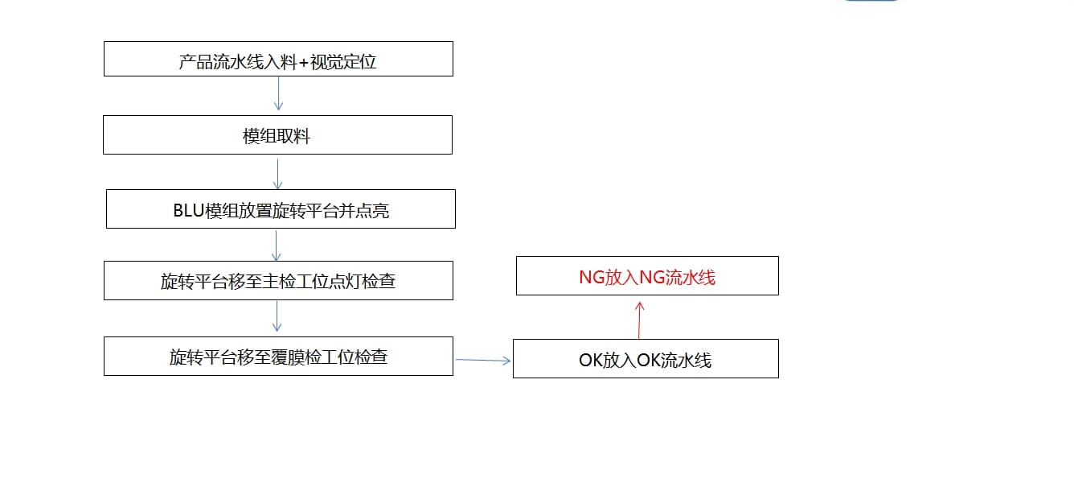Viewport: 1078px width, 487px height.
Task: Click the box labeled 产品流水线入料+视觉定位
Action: (x=278, y=59)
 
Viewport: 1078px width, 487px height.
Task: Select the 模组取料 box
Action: (x=277, y=135)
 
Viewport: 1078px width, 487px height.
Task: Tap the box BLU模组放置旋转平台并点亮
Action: (x=281, y=209)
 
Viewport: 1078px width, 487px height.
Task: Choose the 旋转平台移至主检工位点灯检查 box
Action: (x=278, y=281)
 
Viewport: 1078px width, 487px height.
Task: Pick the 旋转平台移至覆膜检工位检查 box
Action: (x=278, y=357)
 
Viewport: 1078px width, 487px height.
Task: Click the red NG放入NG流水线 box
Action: (x=647, y=276)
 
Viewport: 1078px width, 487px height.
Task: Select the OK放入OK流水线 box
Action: (x=646, y=359)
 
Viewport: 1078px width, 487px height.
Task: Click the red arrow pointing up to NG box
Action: (x=639, y=320)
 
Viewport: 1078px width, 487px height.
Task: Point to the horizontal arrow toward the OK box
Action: (x=483, y=360)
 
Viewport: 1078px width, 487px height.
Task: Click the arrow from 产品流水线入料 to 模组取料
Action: (x=278, y=93)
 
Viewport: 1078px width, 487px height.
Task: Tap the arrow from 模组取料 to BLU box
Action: (x=277, y=174)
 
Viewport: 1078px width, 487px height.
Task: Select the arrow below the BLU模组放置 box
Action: (x=277, y=246)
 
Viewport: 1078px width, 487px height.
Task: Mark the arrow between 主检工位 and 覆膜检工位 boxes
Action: (x=277, y=316)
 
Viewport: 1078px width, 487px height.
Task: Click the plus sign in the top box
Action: (x=303, y=62)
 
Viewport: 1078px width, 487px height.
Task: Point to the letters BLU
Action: (x=188, y=211)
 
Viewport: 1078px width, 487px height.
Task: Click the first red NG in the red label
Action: (x=592, y=277)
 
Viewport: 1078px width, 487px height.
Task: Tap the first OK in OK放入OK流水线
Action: (x=591, y=361)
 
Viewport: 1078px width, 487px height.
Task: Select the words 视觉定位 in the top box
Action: (x=342, y=62)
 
